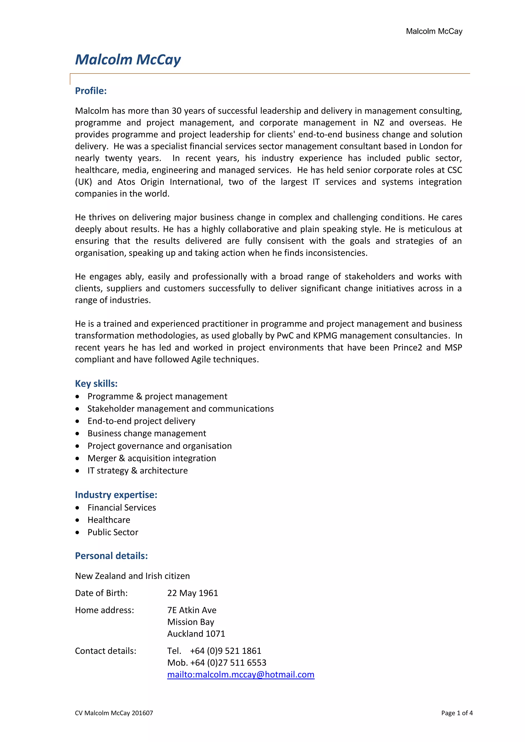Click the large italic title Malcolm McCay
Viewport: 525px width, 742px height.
click(128, 60)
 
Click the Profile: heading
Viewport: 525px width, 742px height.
click(91, 91)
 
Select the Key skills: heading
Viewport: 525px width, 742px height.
click(96, 384)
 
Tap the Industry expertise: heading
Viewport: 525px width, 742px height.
click(116, 495)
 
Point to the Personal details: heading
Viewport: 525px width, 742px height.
click(111, 556)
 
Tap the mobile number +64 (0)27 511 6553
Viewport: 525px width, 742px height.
click(228, 663)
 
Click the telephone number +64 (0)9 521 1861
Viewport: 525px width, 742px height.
click(225, 651)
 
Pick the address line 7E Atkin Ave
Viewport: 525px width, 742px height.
click(192, 610)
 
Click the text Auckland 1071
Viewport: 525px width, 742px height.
click(196, 634)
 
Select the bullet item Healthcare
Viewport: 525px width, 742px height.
click(109, 520)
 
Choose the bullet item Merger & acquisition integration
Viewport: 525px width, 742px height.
click(152, 458)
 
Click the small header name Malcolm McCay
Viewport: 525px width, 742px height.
click(434, 31)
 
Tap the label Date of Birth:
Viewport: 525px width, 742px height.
click(101, 593)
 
